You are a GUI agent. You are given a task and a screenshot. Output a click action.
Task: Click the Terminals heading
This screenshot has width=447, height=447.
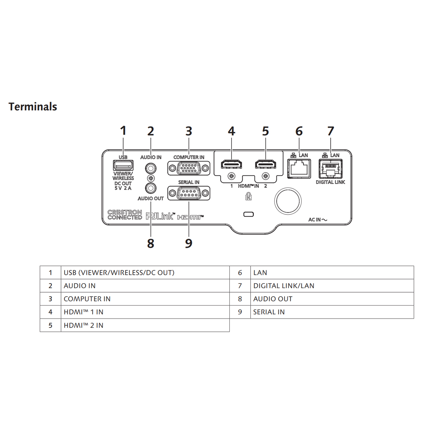[x=33, y=107]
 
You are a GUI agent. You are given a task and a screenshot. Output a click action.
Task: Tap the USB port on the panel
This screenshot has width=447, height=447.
[x=123, y=166]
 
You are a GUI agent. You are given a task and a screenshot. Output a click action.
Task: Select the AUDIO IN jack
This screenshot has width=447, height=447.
[x=151, y=168]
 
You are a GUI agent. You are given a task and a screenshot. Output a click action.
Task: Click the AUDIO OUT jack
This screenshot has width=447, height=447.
[x=151, y=188]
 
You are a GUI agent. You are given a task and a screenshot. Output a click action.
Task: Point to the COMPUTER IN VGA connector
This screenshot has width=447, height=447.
[x=189, y=168]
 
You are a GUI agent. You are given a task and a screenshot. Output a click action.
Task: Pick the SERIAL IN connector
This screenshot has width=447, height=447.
[x=189, y=193]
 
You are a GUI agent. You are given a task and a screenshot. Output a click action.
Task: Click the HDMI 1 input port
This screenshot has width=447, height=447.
[x=231, y=164]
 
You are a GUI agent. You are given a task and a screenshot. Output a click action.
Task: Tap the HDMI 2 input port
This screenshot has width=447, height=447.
[x=265, y=164]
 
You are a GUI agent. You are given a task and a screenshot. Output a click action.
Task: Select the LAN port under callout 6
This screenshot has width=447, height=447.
[x=299, y=169]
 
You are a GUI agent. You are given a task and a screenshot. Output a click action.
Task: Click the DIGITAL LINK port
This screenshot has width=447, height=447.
[x=330, y=169]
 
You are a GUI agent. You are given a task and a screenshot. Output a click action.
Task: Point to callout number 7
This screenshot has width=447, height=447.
[x=331, y=131]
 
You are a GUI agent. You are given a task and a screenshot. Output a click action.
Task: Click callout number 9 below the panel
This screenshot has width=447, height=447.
[x=189, y=243]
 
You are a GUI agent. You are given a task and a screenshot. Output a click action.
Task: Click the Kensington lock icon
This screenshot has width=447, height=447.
[x=248, y=196]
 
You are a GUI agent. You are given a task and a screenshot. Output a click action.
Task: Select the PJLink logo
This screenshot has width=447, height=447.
[x=160, y=216]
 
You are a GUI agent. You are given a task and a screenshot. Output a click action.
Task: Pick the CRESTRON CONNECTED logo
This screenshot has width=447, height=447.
[x=125, y=215]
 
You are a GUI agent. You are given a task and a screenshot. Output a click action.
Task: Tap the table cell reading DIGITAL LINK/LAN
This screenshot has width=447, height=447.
[x=332, y=286]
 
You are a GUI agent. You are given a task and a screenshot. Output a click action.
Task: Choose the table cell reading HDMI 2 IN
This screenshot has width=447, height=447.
[x=145, y=325]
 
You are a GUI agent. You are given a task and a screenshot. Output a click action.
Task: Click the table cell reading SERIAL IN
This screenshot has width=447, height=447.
[x=332, y=312]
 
